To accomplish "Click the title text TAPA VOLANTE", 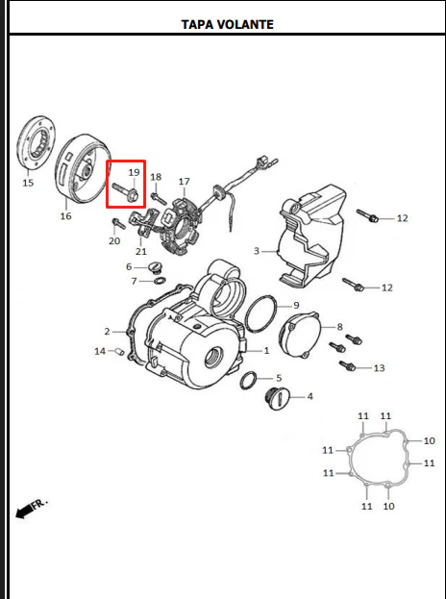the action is click(x=227, y=24).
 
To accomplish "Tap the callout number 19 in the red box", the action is click(x=134, y=173).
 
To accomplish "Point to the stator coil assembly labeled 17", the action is click(x=182, y=225).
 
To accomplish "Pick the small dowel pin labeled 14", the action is click(x=119, y=351).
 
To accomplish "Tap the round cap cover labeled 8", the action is click(x=300, y=336).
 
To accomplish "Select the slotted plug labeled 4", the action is click(x=278, y=399).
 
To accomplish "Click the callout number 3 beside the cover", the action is click(x=257, y=251).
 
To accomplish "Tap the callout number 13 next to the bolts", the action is click(x=379, y=368).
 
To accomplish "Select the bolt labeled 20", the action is click(x=118, y=223).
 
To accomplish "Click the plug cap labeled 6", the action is click(x=154, y=267).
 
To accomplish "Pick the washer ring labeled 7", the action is click(x=160, y=282).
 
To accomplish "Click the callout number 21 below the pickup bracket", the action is click(x=141, y=251).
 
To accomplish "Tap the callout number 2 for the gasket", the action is click(x=107, y=332).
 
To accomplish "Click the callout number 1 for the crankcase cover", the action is click(x=266, y=350).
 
